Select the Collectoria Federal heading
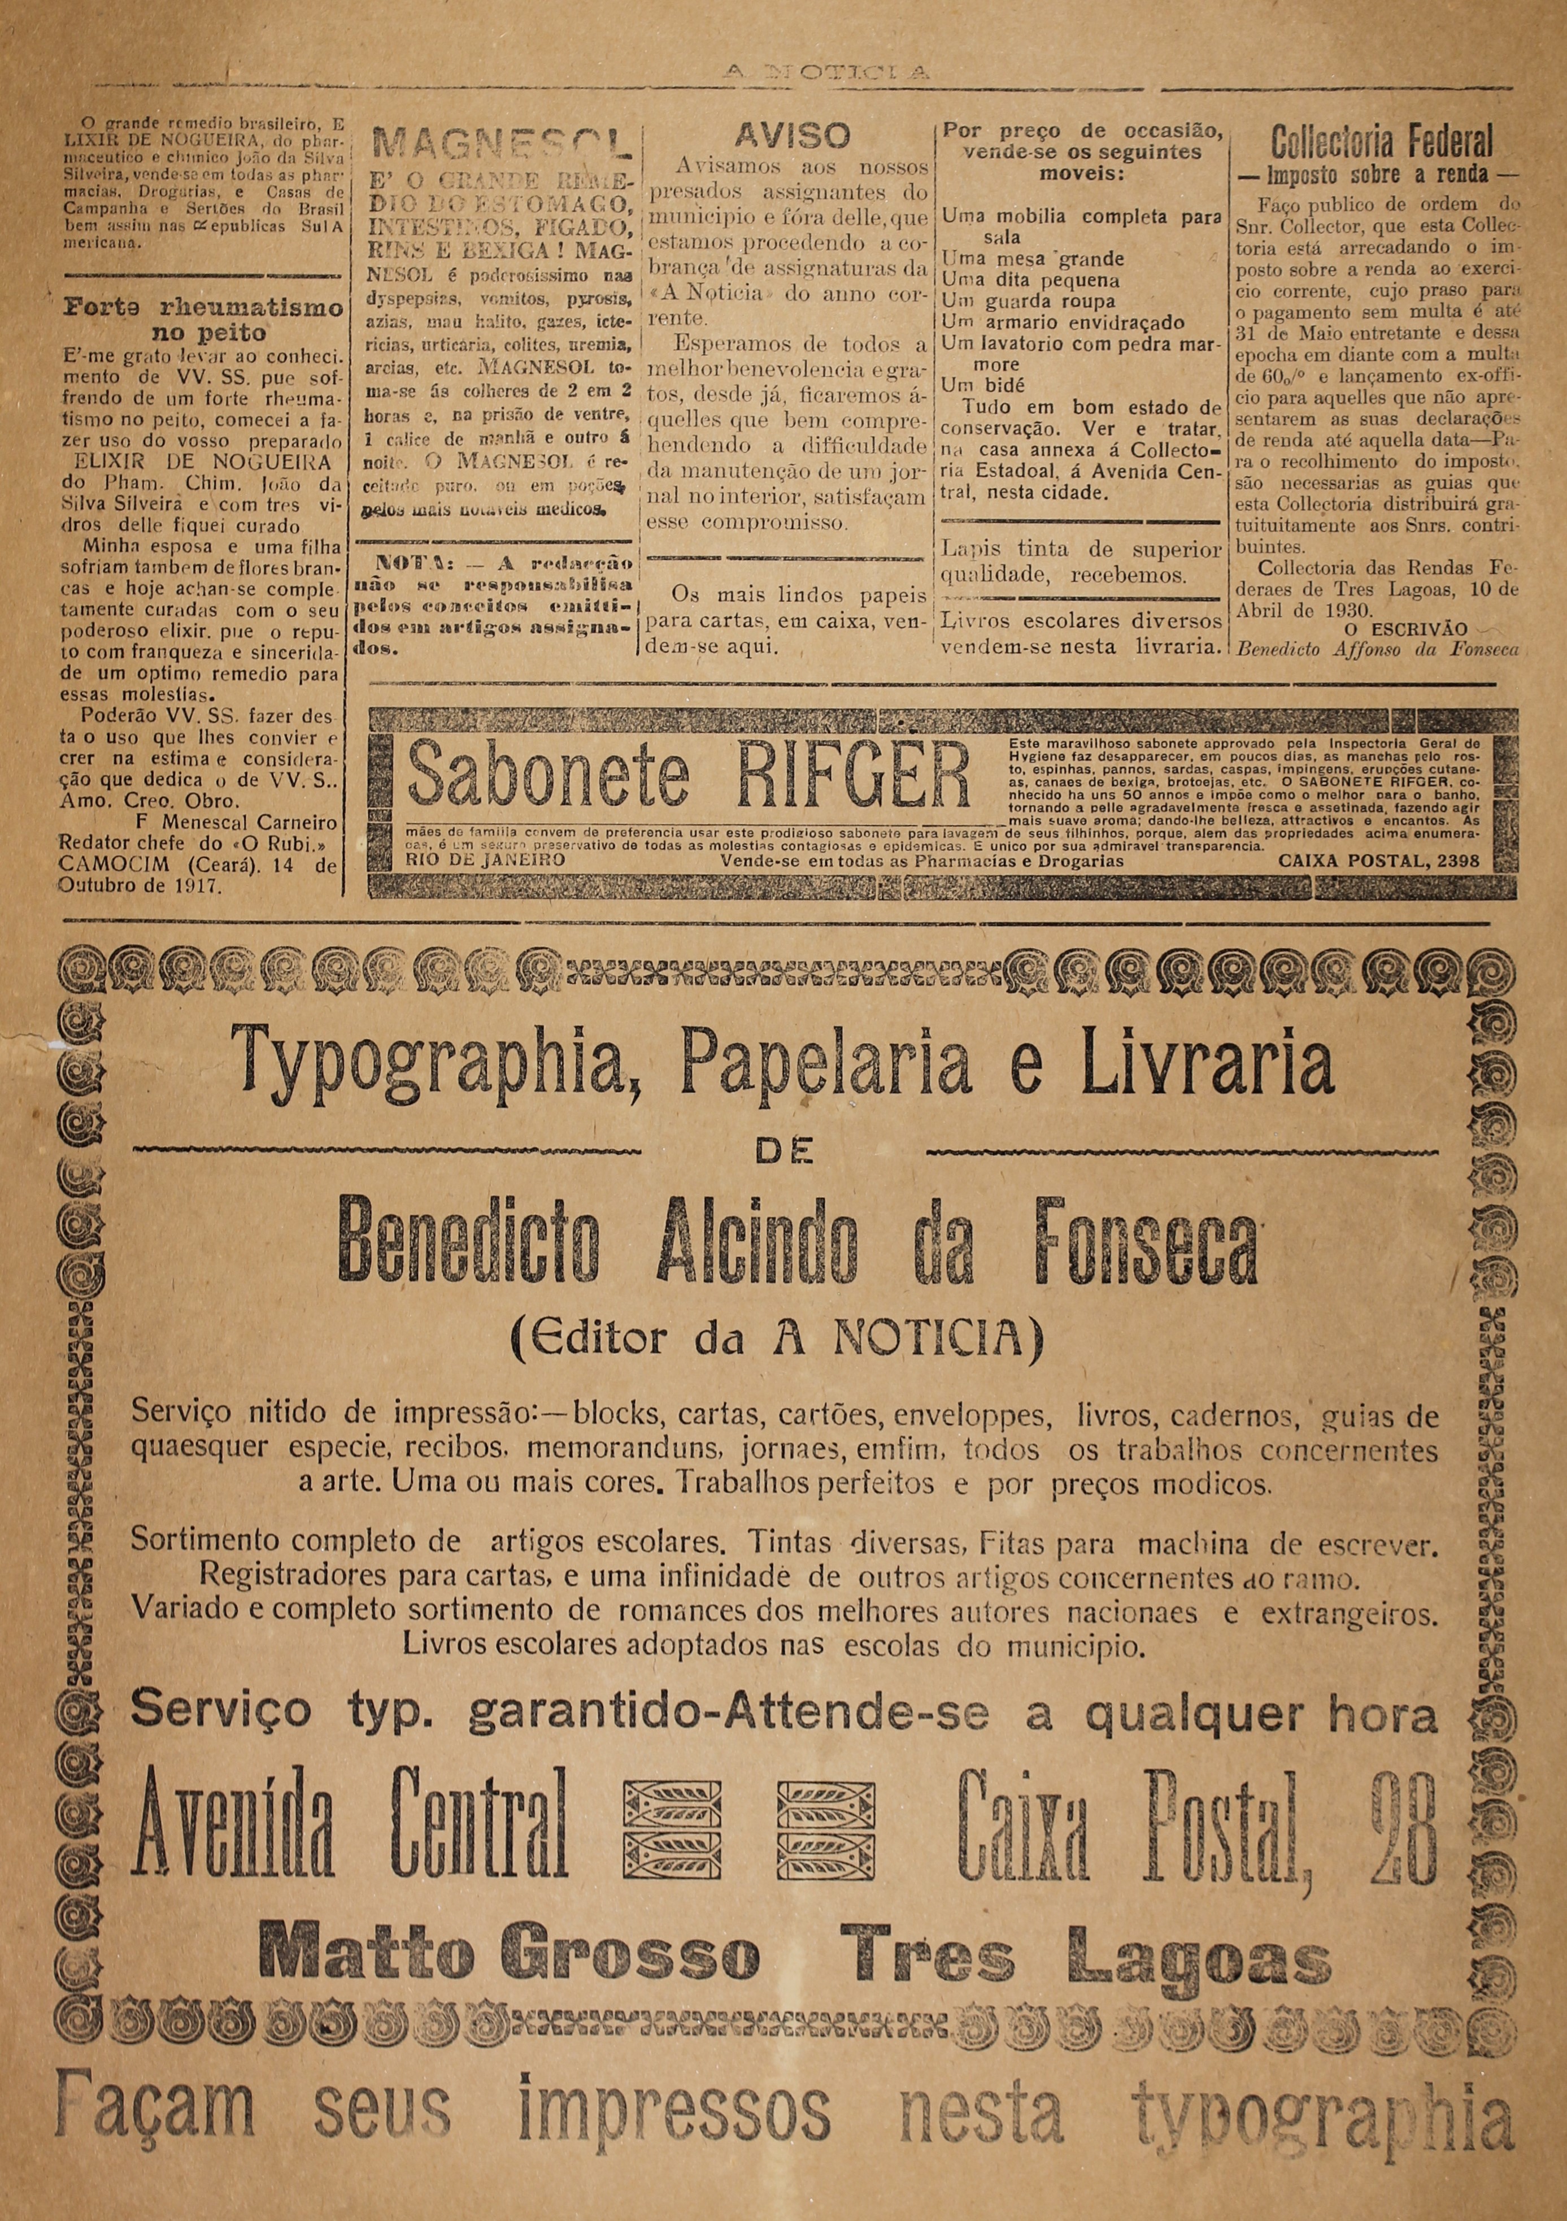pos(1382,143)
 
